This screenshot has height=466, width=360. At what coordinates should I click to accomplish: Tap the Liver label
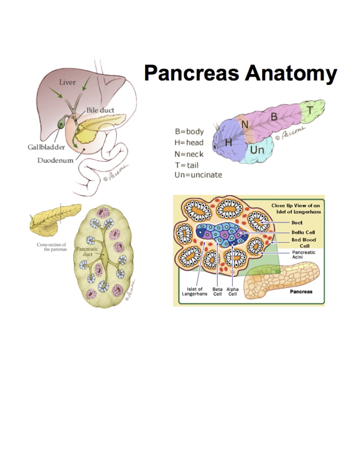click(67, 82)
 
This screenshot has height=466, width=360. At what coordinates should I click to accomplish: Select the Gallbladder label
click(46, 147)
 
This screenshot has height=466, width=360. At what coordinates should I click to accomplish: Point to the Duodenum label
click(55, 160)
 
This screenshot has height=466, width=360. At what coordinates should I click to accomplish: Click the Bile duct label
click(100, 110)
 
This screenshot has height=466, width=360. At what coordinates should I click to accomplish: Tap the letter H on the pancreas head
click(228, 143)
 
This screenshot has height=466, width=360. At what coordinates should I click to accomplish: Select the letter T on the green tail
click(310, 110)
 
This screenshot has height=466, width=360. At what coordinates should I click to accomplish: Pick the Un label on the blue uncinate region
click(257, 150)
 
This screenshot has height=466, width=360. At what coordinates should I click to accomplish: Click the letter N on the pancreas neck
click(245, 124)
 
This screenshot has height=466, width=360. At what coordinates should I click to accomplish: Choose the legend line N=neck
click(189, 154)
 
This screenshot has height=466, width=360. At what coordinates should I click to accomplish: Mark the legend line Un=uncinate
click(198, 175)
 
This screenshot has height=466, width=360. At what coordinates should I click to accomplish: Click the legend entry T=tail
click(187, 165)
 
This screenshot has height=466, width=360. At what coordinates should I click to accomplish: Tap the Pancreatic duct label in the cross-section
click(87, 251)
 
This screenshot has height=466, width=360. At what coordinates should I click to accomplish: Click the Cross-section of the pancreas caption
click(52, 247)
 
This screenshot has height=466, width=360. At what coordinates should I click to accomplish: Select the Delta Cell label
click(303, 232)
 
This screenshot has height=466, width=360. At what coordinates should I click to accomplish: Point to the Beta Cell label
click(217, 291)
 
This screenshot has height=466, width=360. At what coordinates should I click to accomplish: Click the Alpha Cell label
click(232, 291)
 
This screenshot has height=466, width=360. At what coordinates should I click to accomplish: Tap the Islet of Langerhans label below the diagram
click(195, 291)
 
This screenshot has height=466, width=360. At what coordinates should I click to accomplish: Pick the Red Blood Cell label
click(304, 243)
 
